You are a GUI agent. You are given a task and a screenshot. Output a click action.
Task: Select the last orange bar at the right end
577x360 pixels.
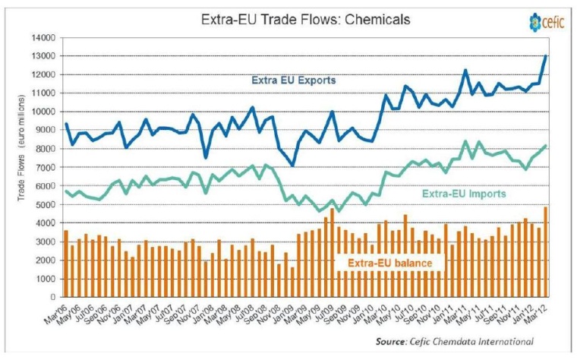pyautogui.click(x=546, y=242)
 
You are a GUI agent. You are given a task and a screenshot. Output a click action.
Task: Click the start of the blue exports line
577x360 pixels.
pyautogui.click(x=66, y=124)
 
